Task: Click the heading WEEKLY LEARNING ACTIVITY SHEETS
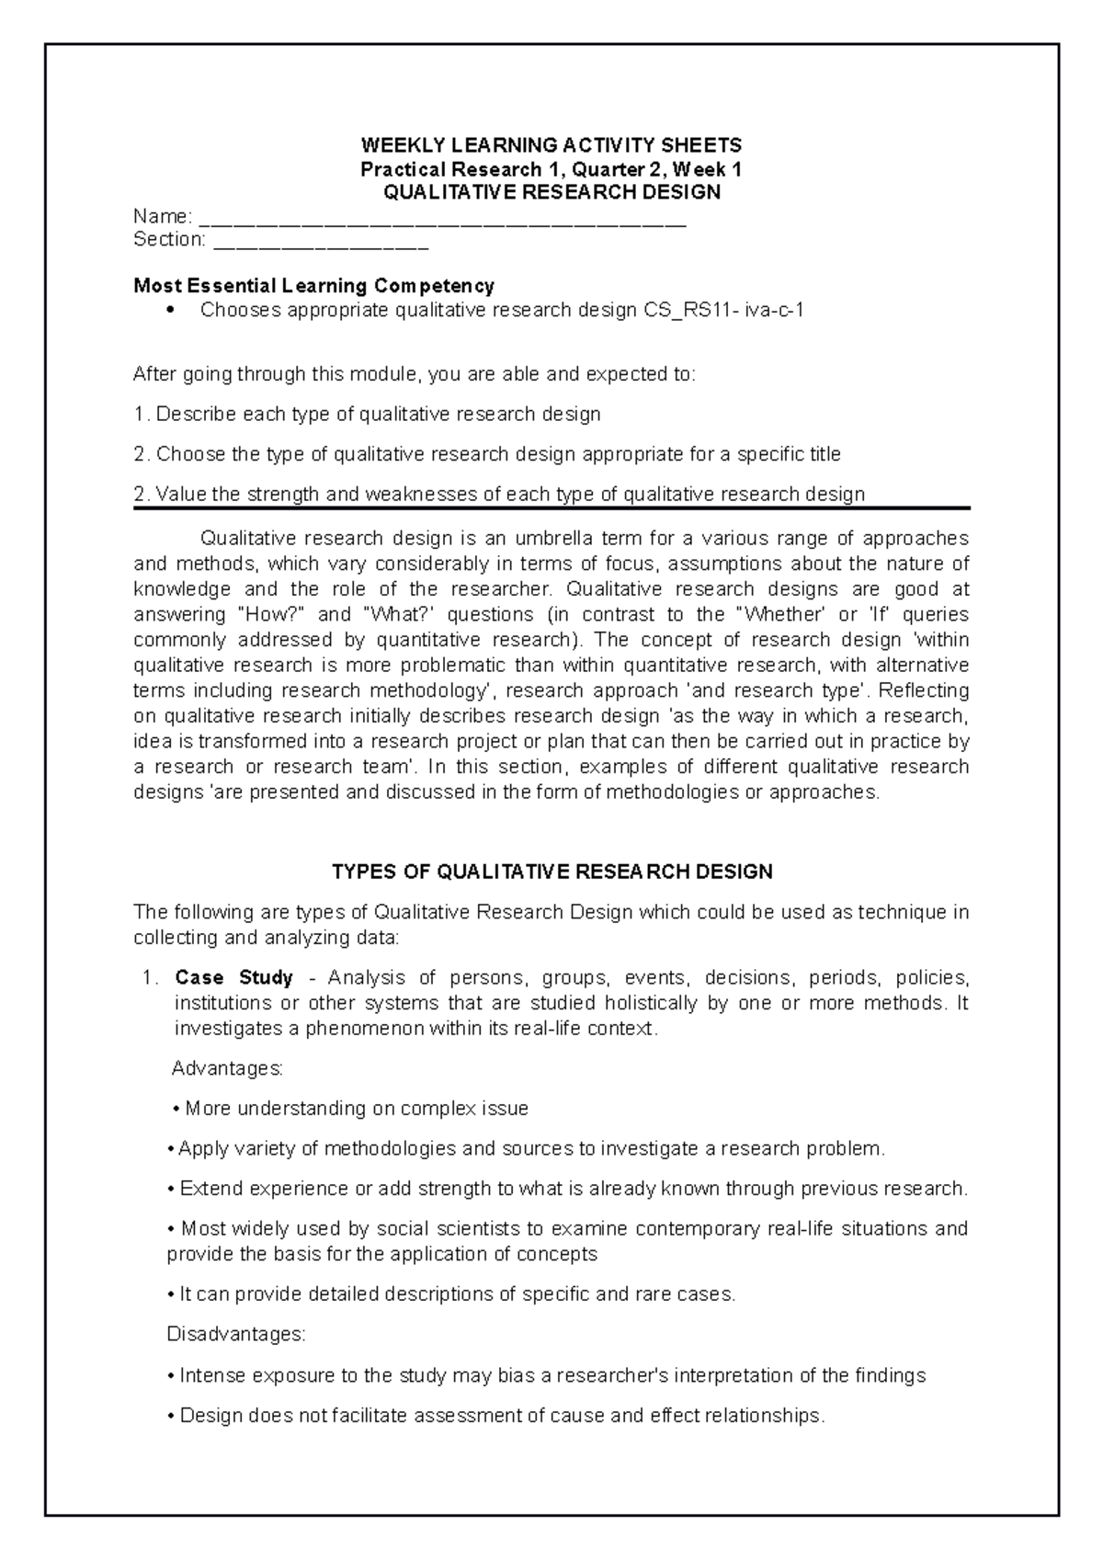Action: (x=551, y=145)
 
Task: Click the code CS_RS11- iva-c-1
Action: (x=720, y=310)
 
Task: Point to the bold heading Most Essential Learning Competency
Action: (x=313, y=286)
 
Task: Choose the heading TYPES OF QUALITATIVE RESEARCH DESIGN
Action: (x=551, y=872)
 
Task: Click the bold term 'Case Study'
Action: (x=233, y=977)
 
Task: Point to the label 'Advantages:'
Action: (x=228, y=1068)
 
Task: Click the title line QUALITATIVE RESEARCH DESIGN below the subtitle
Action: (x=551, y=192)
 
